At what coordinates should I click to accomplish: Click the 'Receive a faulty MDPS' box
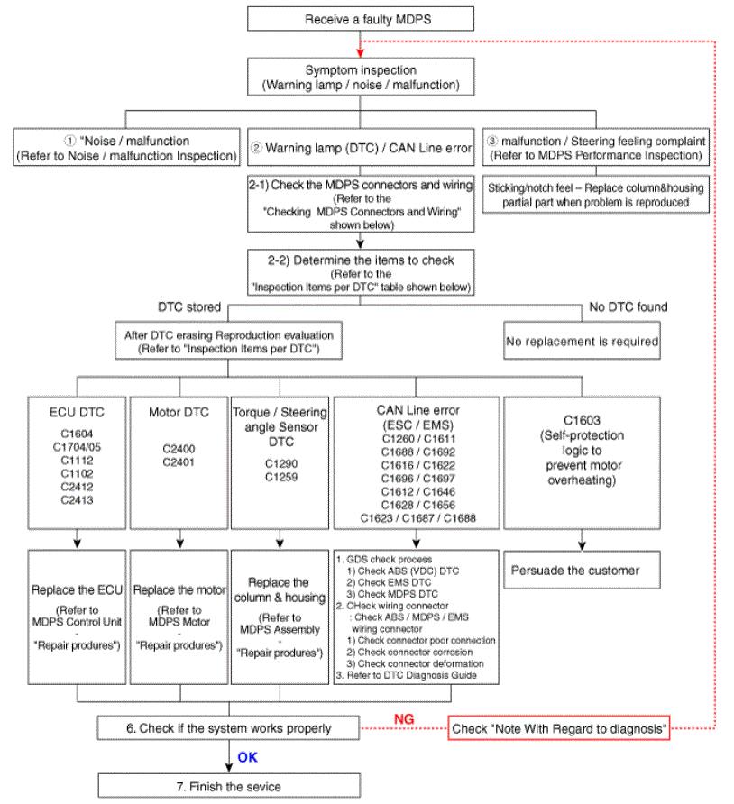click(x=359, y=19)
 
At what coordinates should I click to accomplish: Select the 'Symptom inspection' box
click(x=360, y=78)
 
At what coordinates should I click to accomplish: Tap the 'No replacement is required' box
click(x=582, y=342)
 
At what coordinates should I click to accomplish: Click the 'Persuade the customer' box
click(x=575, y=570)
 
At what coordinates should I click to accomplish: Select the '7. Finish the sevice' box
click(x=229, y=786)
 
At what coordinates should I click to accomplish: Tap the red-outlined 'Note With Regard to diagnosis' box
click(x=559, y=727)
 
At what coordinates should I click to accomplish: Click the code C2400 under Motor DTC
click(x=179, y=448)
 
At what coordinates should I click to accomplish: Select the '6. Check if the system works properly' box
click(x=229, y=727)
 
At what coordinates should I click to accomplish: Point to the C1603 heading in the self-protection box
click(x=582, y=419)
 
